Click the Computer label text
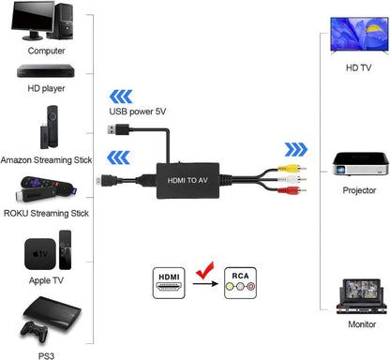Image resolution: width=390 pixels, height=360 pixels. (46, 51)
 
